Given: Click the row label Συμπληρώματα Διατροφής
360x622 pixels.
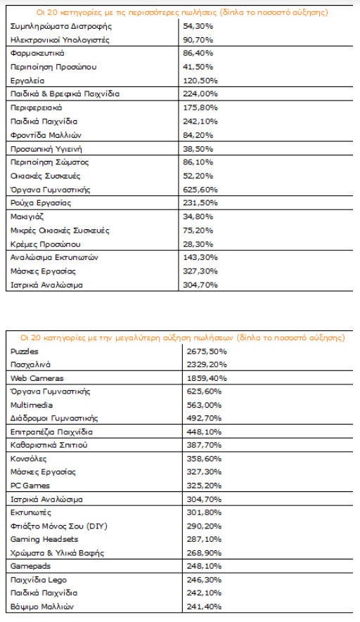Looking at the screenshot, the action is pyautogui.click(x=60, y=27).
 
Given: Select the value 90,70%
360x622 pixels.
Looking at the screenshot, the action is pyautogui.click(x=198, y=40).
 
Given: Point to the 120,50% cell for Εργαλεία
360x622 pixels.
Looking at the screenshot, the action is pyautogui.click(x=200, y=81).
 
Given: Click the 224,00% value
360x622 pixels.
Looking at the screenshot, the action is pyautogui.click(x=200, y=94).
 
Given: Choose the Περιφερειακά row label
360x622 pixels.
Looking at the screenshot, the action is pyautogui.click(x=36, y=108).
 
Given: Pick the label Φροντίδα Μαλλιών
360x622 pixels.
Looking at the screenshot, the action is pyautogui.click(x=46, y=135).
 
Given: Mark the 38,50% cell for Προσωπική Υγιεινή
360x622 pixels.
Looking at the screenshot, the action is pyautogui.click(x=198, y=149).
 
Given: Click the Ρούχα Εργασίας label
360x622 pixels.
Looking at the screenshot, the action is pyautogui.click(x=41, y=203).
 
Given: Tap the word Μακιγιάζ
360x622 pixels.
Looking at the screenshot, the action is pyautogui.click(x=27, y=216).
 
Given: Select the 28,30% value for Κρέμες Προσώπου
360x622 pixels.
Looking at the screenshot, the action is pyautogui.click(x=198, y=244).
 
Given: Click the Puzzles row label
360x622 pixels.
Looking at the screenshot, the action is pyautogui.click(x=24, y=351).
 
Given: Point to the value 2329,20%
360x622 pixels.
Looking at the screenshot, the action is pyautogui.click(x=207, y=365).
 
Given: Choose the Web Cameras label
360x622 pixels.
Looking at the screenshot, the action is pyautogui.click(x=37, y=378).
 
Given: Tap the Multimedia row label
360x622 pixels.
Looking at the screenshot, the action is pyautogui.click(x=32, y=405).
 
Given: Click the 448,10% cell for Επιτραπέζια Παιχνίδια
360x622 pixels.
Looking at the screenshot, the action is pyautogui.click(x=204, y=432).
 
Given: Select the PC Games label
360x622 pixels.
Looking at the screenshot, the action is pyautogui.click(x=30, y=486).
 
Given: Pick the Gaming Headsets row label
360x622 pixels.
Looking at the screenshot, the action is pyautogui.click(x=44, y=540).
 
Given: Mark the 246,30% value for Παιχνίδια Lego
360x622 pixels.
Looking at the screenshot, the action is pyautogui.click(x=204, y=580).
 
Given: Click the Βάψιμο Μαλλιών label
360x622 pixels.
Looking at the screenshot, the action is pyautogui.click(x=41, y=607).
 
